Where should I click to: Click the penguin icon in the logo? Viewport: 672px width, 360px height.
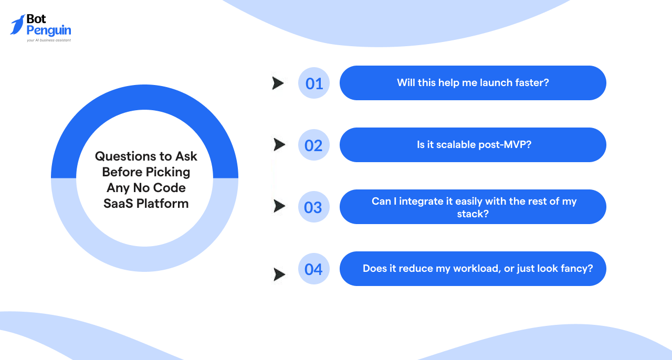click(17, 24)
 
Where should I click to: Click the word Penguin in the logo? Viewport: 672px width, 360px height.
click(48, 30)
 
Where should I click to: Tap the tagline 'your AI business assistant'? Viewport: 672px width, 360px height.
click(48, 40)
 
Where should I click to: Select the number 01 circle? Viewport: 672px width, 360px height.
click(314, 83)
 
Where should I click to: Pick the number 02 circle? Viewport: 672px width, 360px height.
click(314, 145)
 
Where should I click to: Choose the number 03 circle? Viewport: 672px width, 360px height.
click(314, 207)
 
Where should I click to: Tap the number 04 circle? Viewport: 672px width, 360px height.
click(314, 269)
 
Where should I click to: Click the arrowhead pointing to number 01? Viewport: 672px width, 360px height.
click(278, 83)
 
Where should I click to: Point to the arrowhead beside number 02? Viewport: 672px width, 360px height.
click(279, 144)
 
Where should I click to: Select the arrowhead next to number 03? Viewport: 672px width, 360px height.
click(279, 206)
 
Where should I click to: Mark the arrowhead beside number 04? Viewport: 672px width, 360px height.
click(279, 274)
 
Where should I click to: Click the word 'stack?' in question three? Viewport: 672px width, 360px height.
click(472, 214)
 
